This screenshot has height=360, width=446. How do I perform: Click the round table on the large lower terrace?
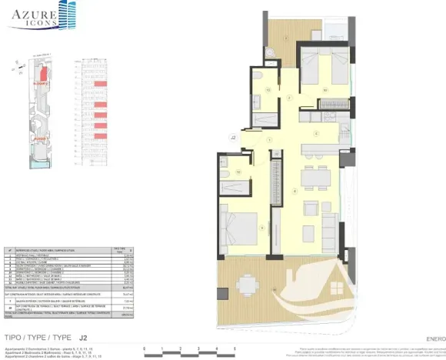point(248,282)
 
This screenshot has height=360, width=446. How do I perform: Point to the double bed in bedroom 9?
point(239,227)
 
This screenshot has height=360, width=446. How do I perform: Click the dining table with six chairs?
point(312,178)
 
